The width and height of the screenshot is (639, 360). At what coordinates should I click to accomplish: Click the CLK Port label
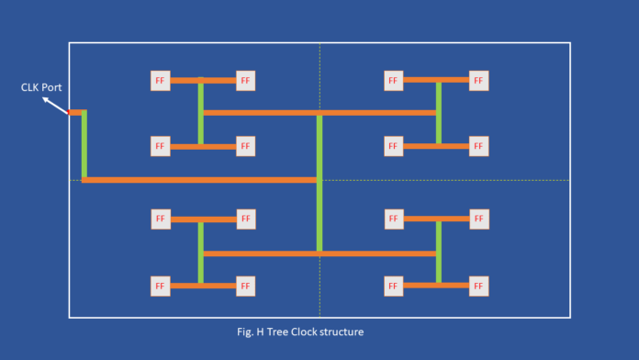41,87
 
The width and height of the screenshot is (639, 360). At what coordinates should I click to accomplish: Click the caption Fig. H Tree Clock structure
306,331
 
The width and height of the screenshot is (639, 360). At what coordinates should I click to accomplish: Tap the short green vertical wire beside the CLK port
84,144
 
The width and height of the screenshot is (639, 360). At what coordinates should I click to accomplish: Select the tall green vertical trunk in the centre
319,182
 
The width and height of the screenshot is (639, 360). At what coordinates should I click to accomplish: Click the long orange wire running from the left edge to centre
200,180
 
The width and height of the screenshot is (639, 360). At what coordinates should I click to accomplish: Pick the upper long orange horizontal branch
319,113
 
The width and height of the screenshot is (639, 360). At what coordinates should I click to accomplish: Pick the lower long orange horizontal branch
319,253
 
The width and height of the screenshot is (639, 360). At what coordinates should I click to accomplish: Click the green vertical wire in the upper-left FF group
200,113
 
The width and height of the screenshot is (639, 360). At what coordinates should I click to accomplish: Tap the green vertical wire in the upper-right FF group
439,113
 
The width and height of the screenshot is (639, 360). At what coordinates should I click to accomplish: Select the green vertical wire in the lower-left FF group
200,253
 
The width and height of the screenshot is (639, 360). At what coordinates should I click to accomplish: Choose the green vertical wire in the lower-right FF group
439,253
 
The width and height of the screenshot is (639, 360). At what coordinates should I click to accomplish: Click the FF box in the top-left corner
161,81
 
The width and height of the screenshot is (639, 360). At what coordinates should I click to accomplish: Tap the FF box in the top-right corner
478,81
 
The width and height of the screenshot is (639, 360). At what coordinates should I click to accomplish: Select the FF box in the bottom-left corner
161,286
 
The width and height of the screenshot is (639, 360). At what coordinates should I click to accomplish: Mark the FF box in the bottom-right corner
478,286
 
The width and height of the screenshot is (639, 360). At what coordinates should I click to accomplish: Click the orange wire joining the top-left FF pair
203,81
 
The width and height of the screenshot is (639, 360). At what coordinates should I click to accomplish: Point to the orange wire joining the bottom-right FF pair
436,286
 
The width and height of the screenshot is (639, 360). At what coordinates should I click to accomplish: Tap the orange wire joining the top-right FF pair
436,81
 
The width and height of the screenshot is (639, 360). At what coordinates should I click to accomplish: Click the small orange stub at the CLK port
74,112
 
